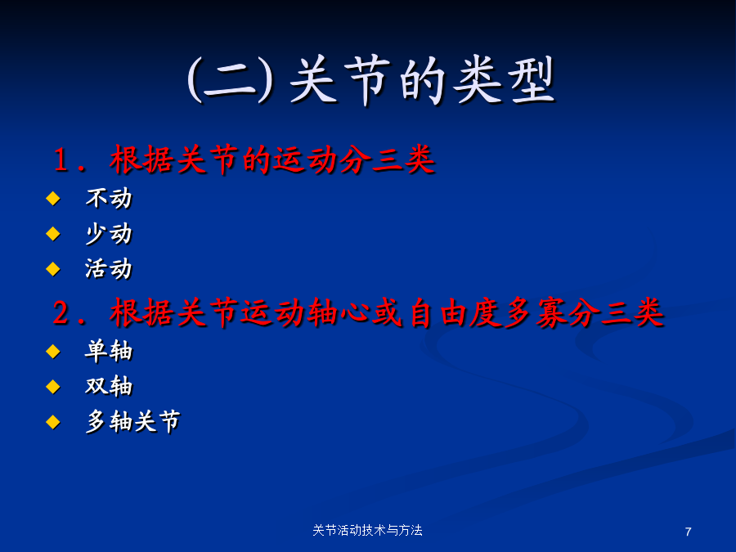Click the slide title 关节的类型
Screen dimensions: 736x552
point(422,80)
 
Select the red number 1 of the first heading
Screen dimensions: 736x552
point(61,159)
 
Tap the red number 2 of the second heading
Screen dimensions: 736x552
point(61,312)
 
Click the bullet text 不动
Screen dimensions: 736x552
point(109,198)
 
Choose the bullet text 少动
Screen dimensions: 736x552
point(109,233)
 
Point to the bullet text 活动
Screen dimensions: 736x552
point(109,268)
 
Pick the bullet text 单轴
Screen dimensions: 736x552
point(109,351)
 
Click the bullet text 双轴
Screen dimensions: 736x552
point(109,386)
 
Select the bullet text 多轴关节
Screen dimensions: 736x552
point(132,421)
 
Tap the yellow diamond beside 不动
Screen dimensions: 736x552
point(53,198)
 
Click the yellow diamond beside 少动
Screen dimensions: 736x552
point(53,233)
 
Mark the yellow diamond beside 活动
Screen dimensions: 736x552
point(53,269)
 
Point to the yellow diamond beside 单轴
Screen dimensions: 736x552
point(53,351)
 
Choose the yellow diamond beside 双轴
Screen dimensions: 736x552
point(53,386)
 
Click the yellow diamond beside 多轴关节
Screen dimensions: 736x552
point(53,421)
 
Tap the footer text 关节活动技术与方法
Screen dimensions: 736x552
point(367,531)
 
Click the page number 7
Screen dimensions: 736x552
point(688,532)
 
